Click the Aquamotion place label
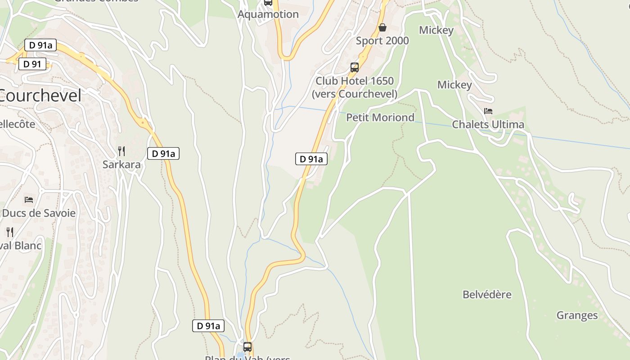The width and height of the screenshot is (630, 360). coord(268,14)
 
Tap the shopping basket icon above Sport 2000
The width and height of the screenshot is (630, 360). coord(382,28)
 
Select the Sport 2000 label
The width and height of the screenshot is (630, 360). coord(382,41)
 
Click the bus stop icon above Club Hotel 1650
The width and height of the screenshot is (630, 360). coord(355,67)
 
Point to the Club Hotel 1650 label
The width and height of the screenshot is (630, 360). coord(355,81)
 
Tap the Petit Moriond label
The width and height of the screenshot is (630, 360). coord(380,117)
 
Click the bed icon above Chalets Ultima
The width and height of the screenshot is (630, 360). coord(488,111)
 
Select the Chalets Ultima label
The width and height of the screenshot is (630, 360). coord(488,125)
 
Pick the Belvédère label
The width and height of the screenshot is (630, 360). coord(487,295)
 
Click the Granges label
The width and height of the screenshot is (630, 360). coord(577,315)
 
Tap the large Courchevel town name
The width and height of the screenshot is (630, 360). coord(40,95)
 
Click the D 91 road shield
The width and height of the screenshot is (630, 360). coord(32,64)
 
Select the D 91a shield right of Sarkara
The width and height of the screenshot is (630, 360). coord(163,153)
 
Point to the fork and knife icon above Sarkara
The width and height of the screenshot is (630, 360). coord(121,151)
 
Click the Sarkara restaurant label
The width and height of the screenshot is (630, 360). coord(121,165)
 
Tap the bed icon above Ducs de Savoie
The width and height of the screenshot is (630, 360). coord(29,199)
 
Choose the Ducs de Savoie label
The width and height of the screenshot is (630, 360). coord(39,213)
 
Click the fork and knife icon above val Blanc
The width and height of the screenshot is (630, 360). coord(10,232)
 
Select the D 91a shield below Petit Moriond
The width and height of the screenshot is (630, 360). coord(311,159)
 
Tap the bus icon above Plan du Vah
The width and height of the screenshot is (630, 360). coord(247,347)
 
